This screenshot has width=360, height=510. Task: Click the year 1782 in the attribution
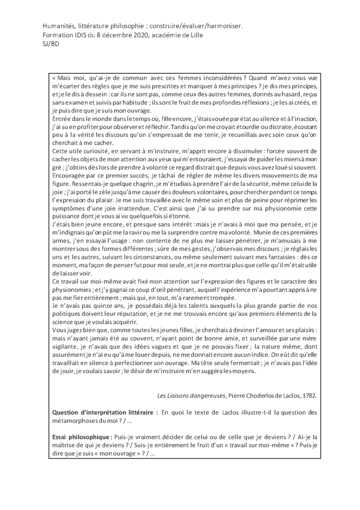click(x=307, y=396)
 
